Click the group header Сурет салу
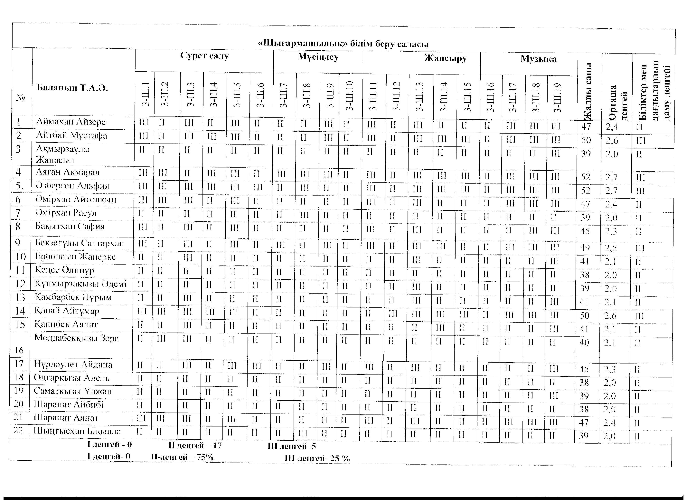tap(204, 56)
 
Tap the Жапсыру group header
tap(445, 58)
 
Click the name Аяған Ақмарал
tap(68, 172)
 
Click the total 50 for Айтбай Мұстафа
tap(586, 140)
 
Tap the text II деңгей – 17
tap(195, 445)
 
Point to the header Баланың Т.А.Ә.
tap(72, 88)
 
